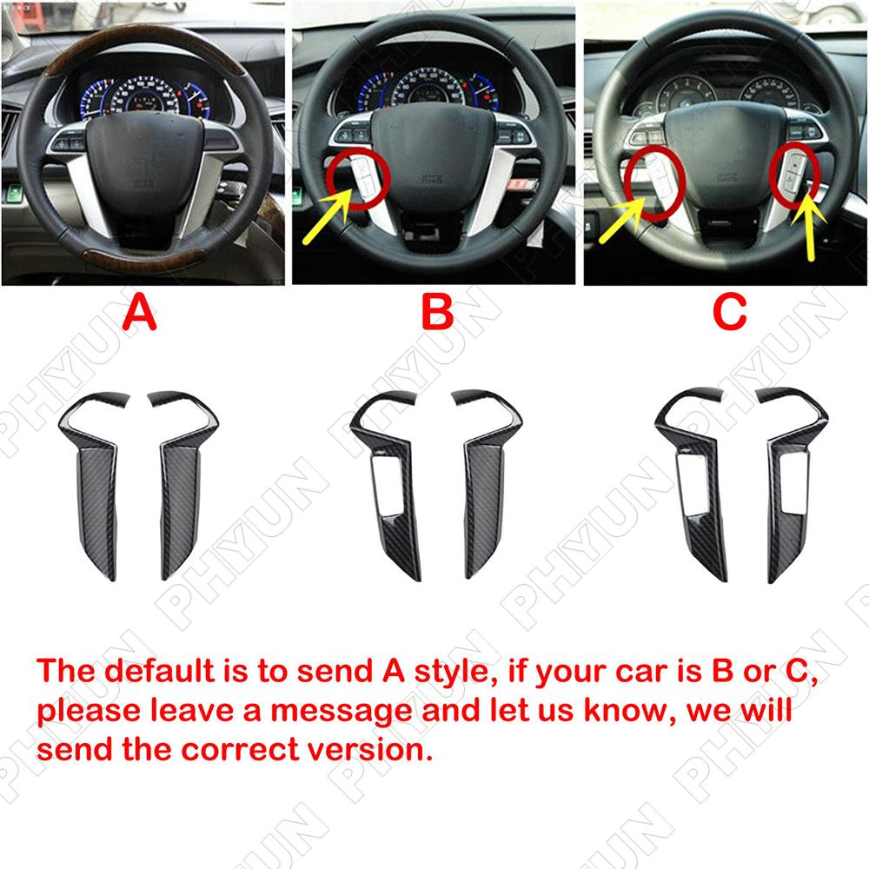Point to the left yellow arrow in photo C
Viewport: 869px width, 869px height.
point(623,220)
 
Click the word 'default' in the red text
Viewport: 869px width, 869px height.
point(159,671)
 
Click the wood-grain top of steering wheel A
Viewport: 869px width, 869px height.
point(145,42)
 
